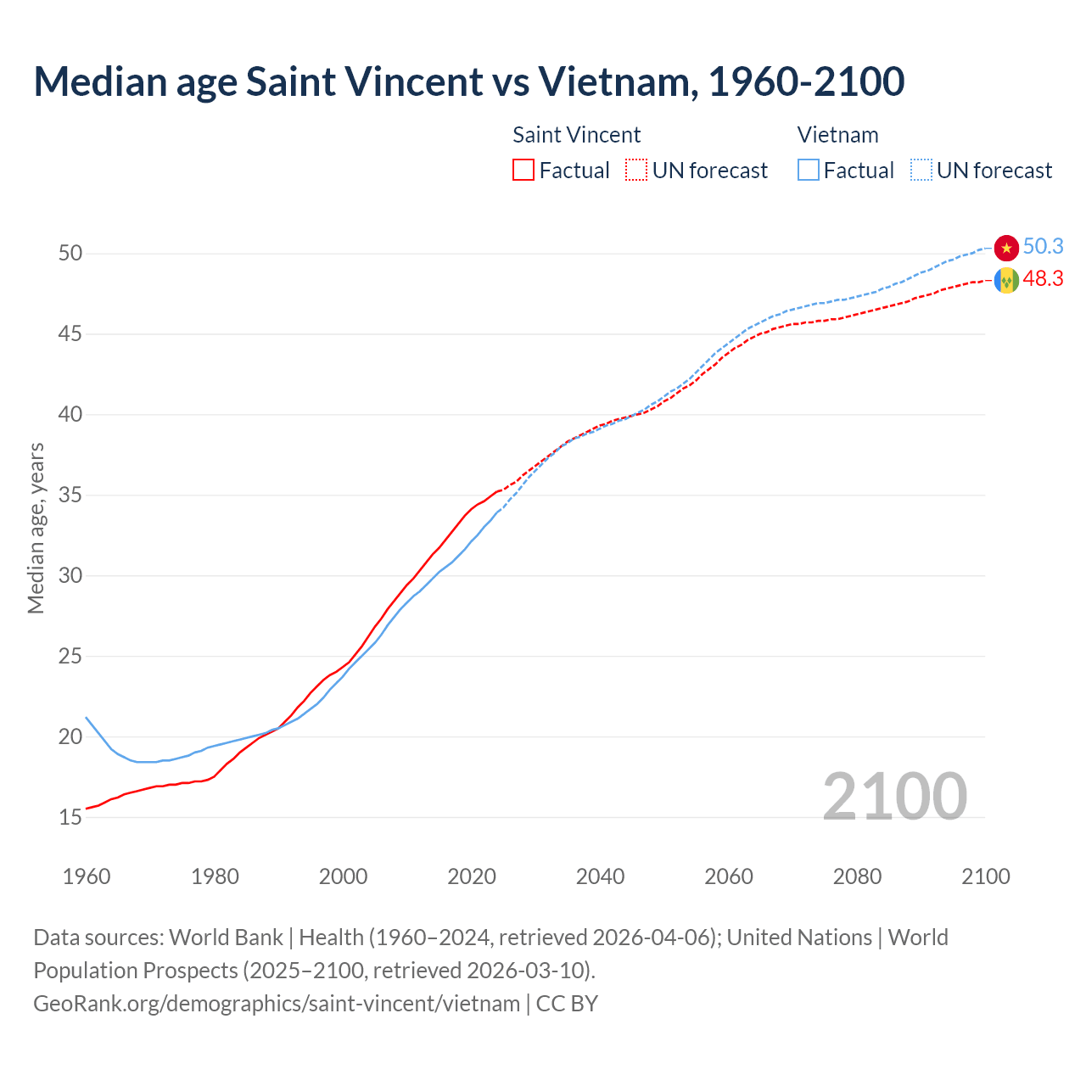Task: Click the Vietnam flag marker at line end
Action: [x=1006, y=248]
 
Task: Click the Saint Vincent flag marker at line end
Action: [x=1006, y=280]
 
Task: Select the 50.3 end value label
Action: [x=1043, y=247]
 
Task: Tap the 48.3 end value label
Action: [x=1043, y=279]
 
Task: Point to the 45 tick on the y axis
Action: [x=70, y=334]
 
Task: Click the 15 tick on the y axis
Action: [x=70, y=818]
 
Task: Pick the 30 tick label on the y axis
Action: [x=70, y=576]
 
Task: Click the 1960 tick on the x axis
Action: [x=87, y=876]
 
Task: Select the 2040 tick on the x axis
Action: [x=600, y=876]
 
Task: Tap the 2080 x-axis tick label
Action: [x=857, y=876]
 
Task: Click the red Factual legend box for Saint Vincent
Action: [x=523, y=171]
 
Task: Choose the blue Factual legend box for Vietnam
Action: [x=808, y=171]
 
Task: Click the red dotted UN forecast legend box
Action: [x=636, y=171]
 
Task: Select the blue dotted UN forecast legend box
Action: [x=921, y=171]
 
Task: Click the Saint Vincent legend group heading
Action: [x=577, y=135]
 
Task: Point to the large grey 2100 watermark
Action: [x=894, y=797]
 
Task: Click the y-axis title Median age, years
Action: [x=36, y=528]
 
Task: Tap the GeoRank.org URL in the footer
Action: [x=277, y=1004]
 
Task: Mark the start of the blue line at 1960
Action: [x=87, y=718]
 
